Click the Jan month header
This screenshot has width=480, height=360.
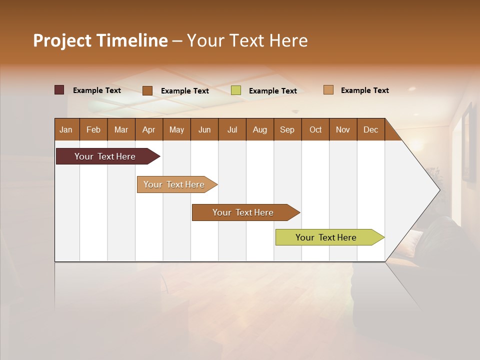pyautogui.click(x=66, y=129)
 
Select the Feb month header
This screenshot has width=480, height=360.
pyautogui.click(x=93, y=129)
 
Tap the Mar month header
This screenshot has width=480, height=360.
pyautogui.click(x=121, y=129)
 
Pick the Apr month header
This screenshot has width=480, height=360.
pyautogui.click(x=149, y=129)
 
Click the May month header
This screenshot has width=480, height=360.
pyautogui.click(x=176, y=129)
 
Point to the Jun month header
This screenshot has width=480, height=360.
pyautogui.click(x=204, y=129)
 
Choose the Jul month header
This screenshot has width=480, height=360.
pyautogui.click(x=232, y=129)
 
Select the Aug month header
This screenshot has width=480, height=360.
pyautogui.click(x=260, y=129)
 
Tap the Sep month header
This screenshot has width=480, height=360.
pyautogui.click(x=287, y=129)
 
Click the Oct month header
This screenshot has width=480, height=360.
pyautogui.click(x=315, y=129)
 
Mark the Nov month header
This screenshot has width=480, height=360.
pyautogui.click(x=343, y=129)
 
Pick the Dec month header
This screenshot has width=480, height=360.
pyautogui.click(x=371, y=129)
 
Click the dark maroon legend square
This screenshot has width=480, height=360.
pyautogui.click(x=59, y=90)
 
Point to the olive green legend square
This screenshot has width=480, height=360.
pyautogui.click(x=236, y=90)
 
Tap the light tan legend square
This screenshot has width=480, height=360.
pyautogui.click(x=328, y=90)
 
